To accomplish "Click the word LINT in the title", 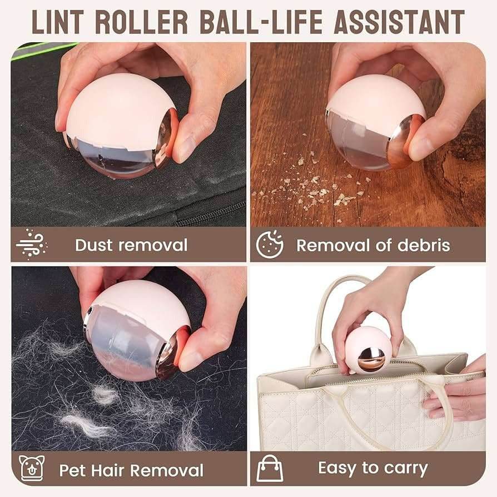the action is tap(59, 22).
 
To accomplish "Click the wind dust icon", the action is tap(31, 245).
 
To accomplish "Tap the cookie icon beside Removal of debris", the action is tap(270, 245).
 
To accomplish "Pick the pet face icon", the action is tap(31, 468).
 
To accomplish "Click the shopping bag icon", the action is tap(270, 468).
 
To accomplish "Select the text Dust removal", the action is tap(131, 245).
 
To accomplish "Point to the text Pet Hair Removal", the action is tap(131, 470).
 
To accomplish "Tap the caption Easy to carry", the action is tap(372, 468).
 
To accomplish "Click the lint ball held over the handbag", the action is tap(369, 350).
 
